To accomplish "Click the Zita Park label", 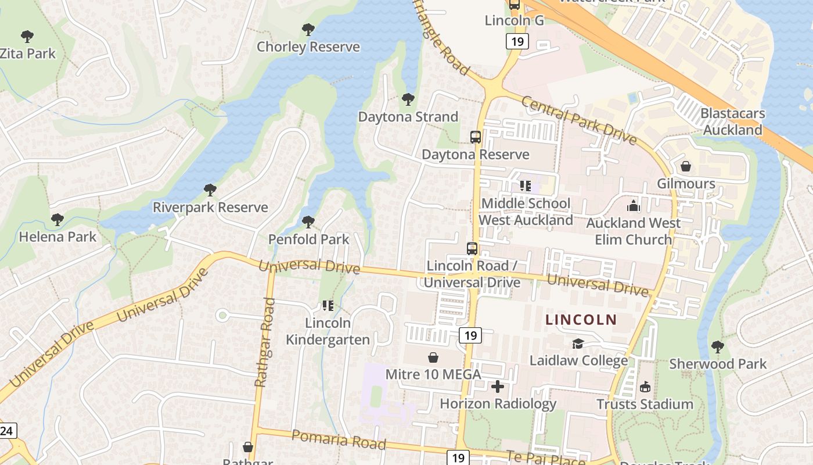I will pyautogui.click(x=28, y=53).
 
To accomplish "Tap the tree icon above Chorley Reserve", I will pyautogui.click(x=308, y=29).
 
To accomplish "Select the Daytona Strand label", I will pyautogui.click(x=408, y=117).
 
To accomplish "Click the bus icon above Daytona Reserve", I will pyautogui.click(x=475, y=137).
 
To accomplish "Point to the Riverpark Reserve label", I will pyautogui.click(x=210, y=208).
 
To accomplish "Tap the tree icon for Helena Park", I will pyautogui.click(x=57, y=220).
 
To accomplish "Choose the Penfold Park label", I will pyautogui.click(x=308, y=239).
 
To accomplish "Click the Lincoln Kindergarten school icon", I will pyautogui.click(x=328, y=305).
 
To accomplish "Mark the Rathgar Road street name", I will pyautogui.click(x=264, y=342).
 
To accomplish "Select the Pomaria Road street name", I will pyautogui.click(x=339, y=439).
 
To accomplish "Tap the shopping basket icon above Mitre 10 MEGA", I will pyautogui.click(x=433, y=357).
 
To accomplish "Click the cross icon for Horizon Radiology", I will pyautogui.click(x=498, y=387).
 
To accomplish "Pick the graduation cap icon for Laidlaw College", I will pyautogui.click(x=578, y=344).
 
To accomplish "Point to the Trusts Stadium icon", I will pyautogui.click(x=645, y=387).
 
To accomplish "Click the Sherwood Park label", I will pyautogui.click(x=718, y=364).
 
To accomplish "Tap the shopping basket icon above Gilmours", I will pyautogui.click(x=686, y=167).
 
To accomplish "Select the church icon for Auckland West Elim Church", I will pyautogui.click(x=633, y=206).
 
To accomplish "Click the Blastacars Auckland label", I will pyautogui.click(x=732, y=121).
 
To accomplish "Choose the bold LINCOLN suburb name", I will pyautogui.click(x=581, y=320).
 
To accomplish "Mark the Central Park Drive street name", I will pyautogui.click(x=579, y=120).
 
